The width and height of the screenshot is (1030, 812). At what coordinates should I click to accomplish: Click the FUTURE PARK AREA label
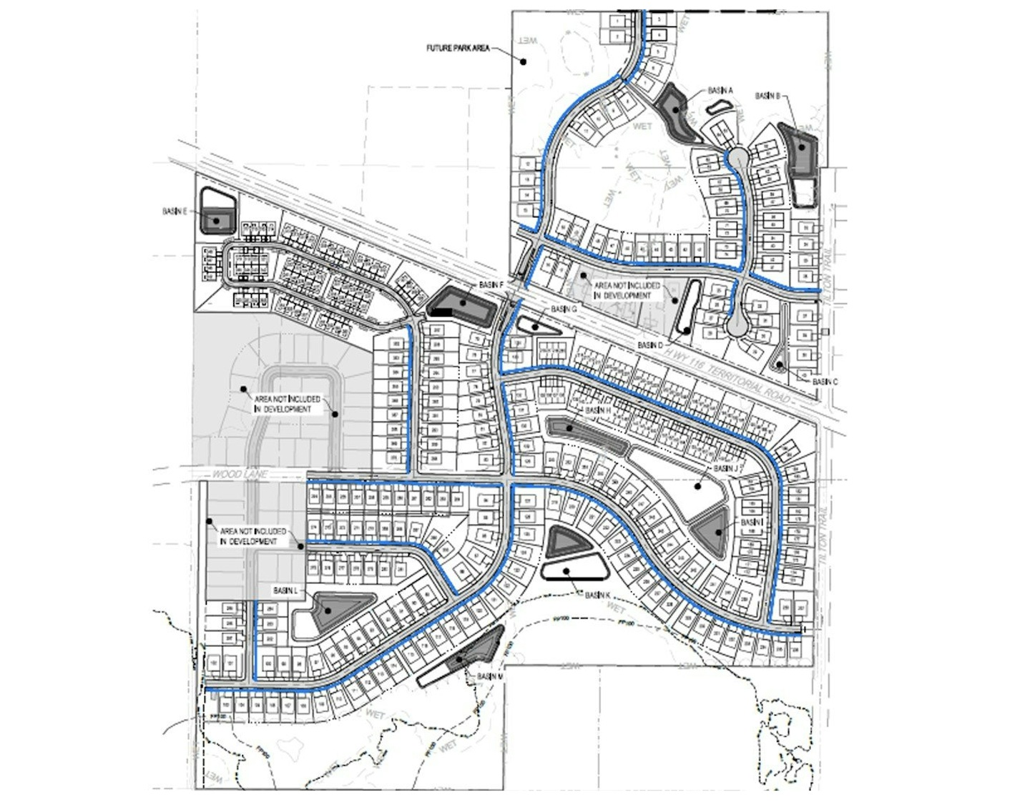tap(458, 49)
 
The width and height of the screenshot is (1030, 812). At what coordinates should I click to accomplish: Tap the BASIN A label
tap(720, 91)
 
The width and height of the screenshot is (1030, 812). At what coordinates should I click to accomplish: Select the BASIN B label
tap(767, 96)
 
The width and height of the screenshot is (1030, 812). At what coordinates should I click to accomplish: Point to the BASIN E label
tap(175, 212)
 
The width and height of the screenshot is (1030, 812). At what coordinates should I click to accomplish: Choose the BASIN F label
tap(492, 285)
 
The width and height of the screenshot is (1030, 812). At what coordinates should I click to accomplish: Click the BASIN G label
tap(564, 309)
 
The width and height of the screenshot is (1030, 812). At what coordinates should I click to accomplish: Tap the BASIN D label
tap(650, 345)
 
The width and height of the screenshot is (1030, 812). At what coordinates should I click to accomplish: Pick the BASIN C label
tap(825, 382)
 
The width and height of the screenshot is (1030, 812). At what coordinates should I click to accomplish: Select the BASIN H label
tap(598, 410)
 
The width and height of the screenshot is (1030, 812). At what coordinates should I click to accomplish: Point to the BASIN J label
tap(725, 468)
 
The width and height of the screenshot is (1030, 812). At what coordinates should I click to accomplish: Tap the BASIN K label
tap(597, 595)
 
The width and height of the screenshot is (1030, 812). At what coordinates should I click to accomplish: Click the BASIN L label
tap(285, 591)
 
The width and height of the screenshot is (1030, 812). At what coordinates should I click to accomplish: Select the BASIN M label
tap(490, 676)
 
